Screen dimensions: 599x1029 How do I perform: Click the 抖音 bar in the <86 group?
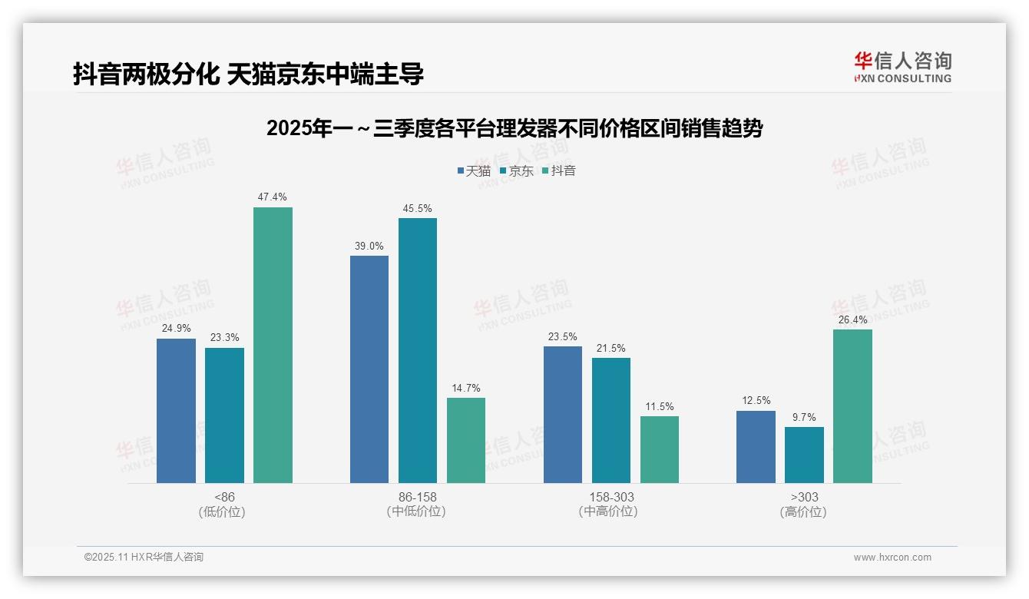273,346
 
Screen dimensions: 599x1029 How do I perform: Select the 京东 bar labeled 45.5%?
417,351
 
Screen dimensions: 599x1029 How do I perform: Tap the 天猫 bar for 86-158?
369,369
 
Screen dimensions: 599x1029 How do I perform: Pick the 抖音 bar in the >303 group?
852,406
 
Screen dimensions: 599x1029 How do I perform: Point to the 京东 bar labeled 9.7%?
804,455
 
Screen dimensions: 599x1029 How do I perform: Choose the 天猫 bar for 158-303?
563,415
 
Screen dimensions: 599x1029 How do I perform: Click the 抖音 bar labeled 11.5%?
660,449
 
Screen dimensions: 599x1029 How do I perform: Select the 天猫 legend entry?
474,170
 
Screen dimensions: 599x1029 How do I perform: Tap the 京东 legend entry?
517,170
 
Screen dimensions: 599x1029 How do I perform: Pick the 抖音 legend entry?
559,170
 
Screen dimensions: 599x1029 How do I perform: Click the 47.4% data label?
273,197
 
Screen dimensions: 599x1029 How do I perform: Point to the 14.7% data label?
466,388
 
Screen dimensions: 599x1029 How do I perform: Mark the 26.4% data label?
852,319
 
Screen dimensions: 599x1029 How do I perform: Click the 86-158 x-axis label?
417,497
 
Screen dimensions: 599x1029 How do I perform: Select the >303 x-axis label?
804,497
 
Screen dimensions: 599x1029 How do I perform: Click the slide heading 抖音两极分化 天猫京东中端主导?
248,74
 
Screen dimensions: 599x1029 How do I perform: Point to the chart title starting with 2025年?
514,128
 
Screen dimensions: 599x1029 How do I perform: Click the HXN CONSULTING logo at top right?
902,67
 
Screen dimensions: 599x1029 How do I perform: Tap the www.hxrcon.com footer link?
892,558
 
